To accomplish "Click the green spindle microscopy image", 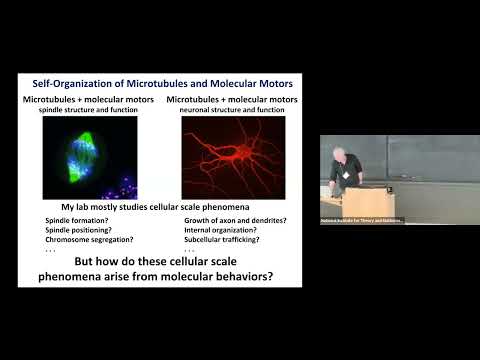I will (x=90, y=157).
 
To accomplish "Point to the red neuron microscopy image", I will (x=232, y=157).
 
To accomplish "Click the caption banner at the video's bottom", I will (x=362, y=220).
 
